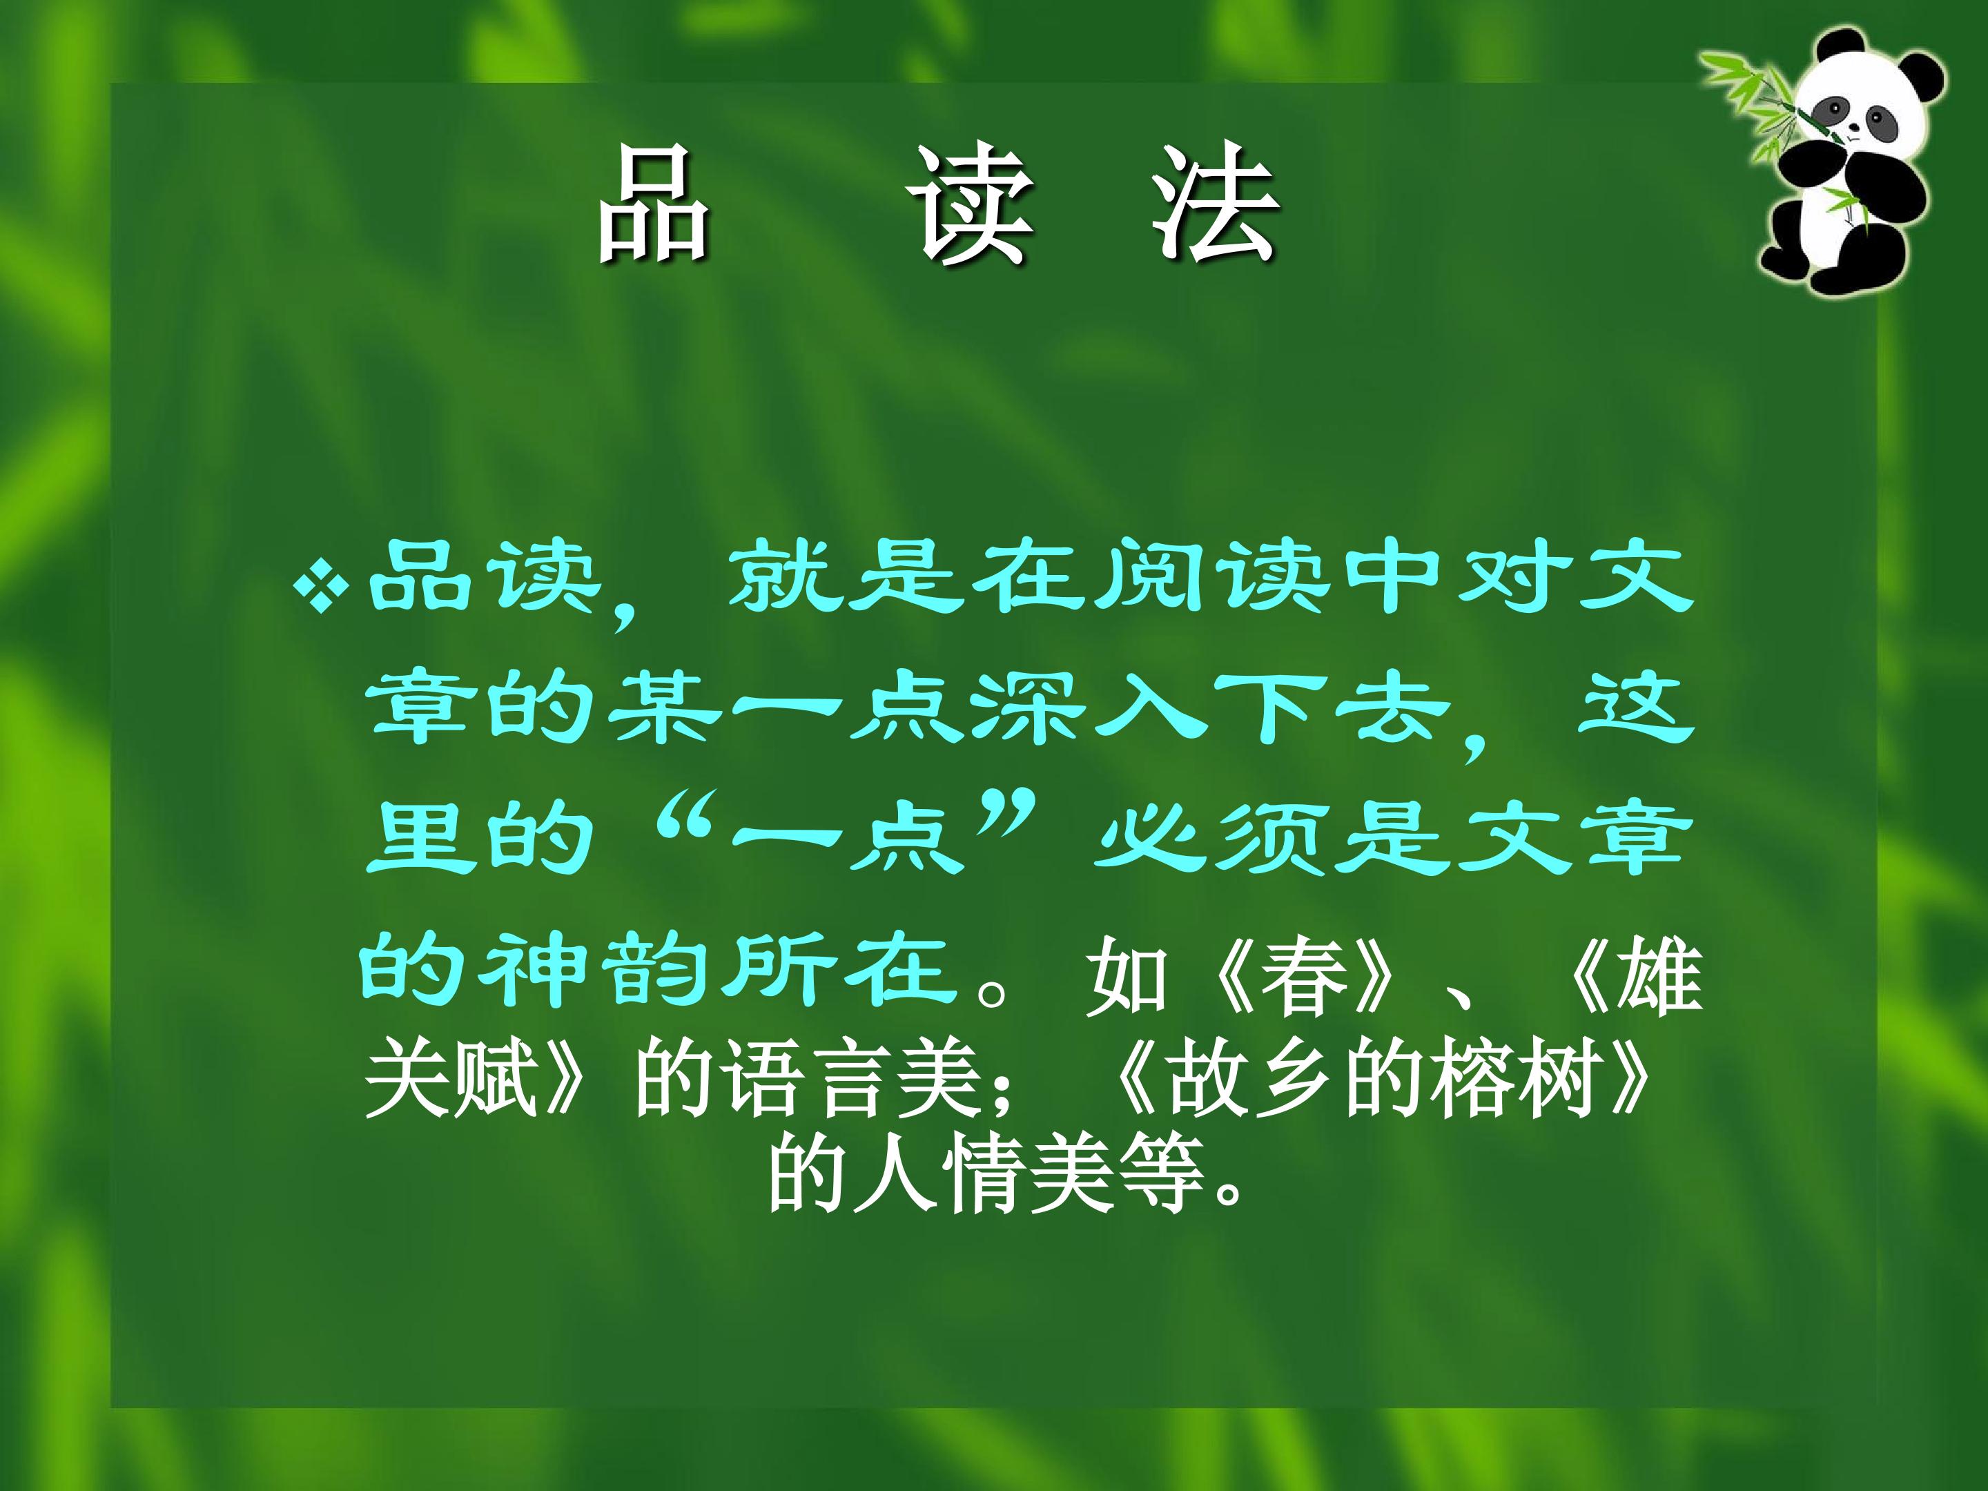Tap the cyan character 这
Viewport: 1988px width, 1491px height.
pyautogui.click(x=1636, y=710)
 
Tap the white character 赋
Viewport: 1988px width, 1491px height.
pyautogui.click(x=495, y=1078)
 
